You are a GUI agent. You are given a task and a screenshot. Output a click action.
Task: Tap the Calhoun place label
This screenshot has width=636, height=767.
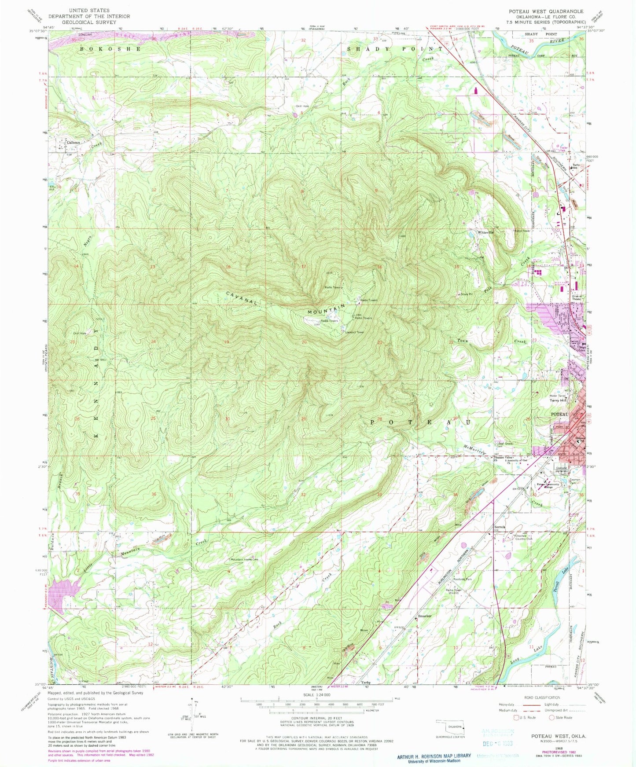point(74,142)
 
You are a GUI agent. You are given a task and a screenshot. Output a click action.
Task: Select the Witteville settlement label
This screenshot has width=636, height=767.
point(486,231)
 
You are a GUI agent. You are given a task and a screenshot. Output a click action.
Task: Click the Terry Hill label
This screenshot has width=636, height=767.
point(558,401)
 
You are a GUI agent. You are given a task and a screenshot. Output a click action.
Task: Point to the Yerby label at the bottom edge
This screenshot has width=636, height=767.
point(365,682)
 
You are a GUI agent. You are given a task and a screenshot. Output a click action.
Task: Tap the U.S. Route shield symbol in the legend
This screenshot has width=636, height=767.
point(517,717)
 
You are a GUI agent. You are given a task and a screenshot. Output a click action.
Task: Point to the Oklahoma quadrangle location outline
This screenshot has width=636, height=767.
point(449,727)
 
